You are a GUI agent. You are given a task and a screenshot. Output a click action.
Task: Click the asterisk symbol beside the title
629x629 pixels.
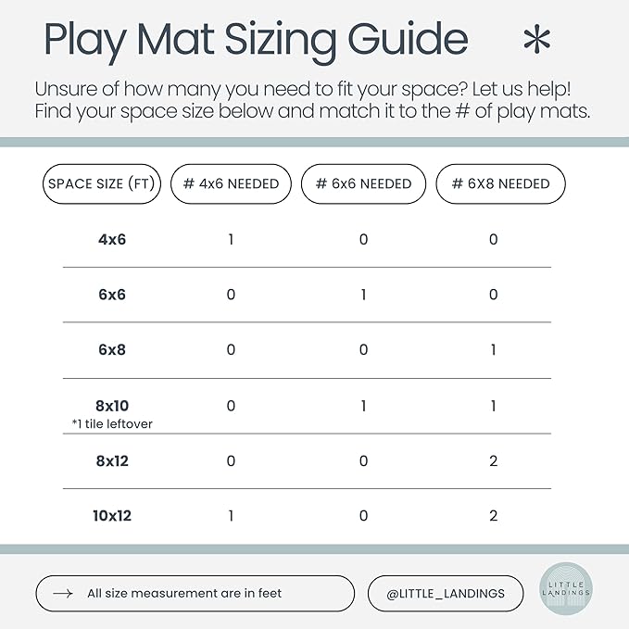(x=536, y=39)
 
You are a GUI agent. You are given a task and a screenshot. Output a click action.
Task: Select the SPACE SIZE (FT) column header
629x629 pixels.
(x=102, y=183)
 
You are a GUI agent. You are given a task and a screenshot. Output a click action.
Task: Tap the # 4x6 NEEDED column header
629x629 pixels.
(x=231, y=183)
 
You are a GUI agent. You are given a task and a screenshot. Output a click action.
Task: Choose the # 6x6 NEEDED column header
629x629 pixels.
(x=363, y=183)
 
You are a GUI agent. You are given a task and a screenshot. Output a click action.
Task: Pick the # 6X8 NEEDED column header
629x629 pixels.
(x=500, y=183)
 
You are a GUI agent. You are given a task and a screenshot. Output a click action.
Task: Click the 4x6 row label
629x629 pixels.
(x=112, y=240)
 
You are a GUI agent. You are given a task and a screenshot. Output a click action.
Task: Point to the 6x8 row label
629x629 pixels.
(x=112, y=350)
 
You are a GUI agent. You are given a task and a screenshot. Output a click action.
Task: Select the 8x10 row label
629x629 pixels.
(x=112, y=406)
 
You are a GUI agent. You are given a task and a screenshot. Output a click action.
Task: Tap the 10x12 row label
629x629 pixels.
(x=112, y=516)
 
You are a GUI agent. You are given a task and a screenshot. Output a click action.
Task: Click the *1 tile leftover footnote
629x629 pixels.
(x=112, y=424)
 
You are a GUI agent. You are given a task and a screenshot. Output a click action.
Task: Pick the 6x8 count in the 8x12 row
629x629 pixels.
(x=494, y=461)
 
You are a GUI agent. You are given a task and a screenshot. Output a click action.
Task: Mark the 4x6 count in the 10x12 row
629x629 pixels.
(x=231, y=516)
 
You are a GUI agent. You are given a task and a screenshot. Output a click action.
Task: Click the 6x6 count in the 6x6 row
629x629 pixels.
(x=363, y=295)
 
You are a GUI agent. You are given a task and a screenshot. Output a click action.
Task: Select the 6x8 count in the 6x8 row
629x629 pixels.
(x=494, y=350)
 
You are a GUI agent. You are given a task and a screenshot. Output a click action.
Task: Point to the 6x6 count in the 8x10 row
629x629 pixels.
(x=363, y=406)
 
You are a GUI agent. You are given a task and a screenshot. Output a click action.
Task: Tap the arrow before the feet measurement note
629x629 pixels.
(x=63, y=593)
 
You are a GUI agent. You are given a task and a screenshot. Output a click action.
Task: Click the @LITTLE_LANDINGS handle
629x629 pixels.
(x=446, y=594)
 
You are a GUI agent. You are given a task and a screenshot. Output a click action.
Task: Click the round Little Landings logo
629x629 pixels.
(x=566, y=589)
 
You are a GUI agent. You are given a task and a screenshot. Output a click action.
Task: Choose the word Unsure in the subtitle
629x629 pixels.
(x=66, y=89)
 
